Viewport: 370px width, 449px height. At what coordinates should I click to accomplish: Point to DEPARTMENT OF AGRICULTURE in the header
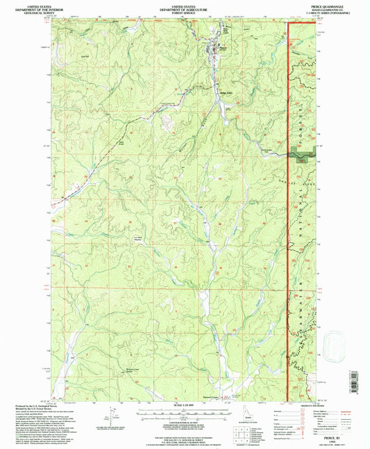click(185, 8)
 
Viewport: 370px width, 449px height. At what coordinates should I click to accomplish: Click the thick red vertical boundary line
click(288, 208)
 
